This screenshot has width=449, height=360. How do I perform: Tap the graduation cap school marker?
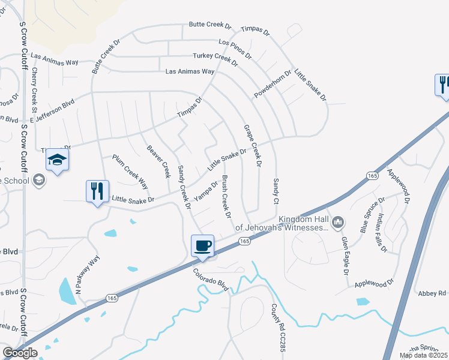(x=57, y=160)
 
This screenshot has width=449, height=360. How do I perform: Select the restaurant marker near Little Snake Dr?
(x=97, y=192)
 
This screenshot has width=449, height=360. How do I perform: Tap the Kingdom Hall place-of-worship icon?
(x=337, y=223)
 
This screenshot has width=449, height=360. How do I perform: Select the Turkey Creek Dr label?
(x=221, y=57)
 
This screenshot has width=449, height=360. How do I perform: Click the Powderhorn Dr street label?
(x=273, y=85)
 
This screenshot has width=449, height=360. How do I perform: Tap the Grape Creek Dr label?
(x=253, y=145)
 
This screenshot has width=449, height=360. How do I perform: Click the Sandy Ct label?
(x=276, y=190)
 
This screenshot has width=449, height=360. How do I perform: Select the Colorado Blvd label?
(x=211, y=280)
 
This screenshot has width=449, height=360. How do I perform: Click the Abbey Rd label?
(x=433, y=293)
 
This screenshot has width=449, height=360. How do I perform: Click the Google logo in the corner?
(x=20, y=353)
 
